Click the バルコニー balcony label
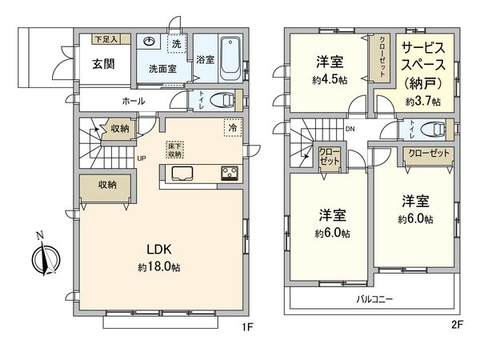point(375,299)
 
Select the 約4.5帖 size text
point(330,80)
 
